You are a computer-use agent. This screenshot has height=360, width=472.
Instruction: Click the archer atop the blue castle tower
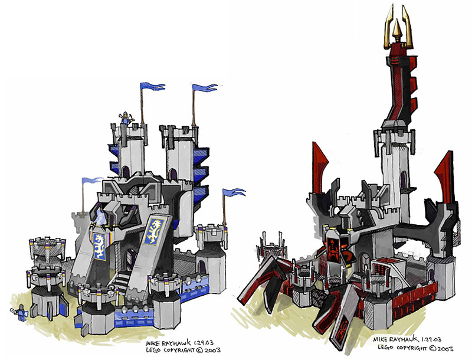[x=126, y=117]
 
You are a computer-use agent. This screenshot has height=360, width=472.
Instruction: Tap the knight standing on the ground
[x=20, y=312]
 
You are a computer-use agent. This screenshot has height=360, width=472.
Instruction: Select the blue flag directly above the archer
[x=152, y=86]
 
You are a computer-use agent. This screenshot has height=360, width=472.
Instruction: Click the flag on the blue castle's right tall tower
[x=205, y=87]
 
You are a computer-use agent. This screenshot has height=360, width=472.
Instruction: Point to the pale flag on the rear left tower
[x=93, y=181]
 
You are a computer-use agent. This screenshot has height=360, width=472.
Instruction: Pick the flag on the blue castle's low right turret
[x=234, y=192]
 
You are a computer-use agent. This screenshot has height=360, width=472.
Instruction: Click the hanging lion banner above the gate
[x=100, y=246]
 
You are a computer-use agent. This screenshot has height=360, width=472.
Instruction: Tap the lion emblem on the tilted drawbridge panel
[x=154, y=231]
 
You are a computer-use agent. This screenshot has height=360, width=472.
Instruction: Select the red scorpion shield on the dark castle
[x=333, y=248]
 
